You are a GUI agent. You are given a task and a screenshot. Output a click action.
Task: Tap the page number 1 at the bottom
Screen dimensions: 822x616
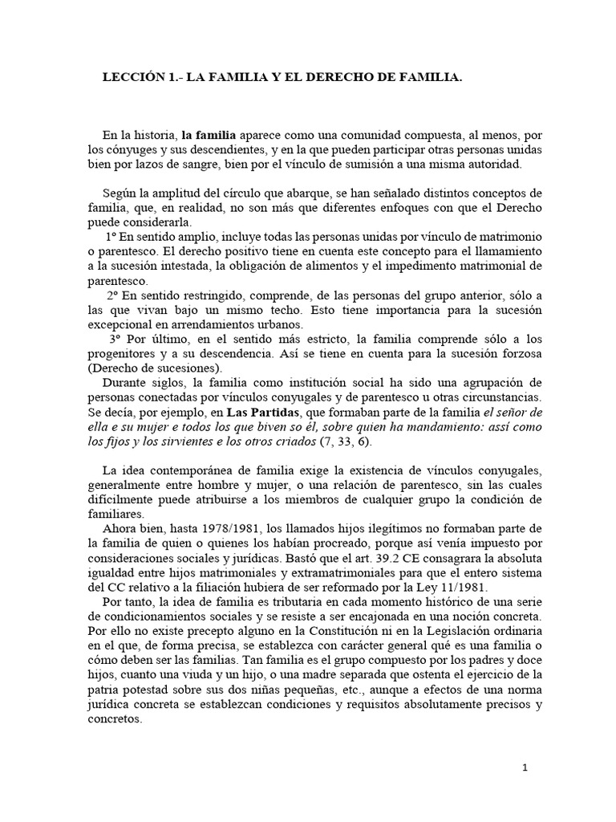click(525, 767)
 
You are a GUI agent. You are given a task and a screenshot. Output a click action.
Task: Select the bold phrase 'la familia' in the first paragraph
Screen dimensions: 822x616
click(208, 135)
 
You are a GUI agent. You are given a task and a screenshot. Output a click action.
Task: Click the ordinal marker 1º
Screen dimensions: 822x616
click(111, 238)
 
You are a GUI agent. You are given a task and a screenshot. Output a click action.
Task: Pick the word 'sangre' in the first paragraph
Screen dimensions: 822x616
click(188, 164)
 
